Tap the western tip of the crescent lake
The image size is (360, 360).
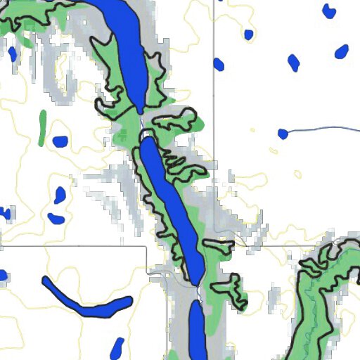tap(45, 280)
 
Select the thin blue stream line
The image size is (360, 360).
tap(323, 128)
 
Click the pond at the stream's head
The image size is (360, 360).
tap(283, 134)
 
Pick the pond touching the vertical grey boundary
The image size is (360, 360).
tap(219, 65)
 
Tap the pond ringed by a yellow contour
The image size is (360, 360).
tap(59, 195)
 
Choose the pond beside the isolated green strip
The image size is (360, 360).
tap(60, 141)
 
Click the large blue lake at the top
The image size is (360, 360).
tap(127, 49)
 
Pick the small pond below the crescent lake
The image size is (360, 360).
tap(117, 347)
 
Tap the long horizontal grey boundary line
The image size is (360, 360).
tap(70, 247)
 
